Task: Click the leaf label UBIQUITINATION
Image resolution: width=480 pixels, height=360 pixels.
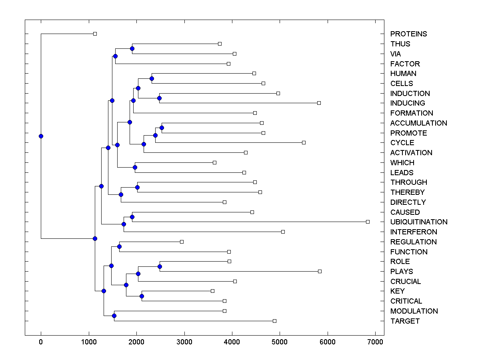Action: (x=419, y=222)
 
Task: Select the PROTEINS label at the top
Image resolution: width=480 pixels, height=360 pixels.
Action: (x=408, y=34)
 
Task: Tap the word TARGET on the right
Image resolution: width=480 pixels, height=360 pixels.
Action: (x=405, y=321)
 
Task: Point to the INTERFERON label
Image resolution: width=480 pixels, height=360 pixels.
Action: (x=414, y=232)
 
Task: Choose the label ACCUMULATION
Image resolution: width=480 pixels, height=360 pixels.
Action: (x=418, y=123)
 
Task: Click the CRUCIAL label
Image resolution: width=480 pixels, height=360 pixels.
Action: (x=406, y=282)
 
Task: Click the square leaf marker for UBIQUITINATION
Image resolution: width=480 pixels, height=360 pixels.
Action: (x=368, y=222)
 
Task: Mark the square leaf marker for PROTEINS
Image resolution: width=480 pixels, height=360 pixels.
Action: (x=95, y=34)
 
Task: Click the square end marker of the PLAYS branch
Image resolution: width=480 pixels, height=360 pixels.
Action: (x=320, y=271)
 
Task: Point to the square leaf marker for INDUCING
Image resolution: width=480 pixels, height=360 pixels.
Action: (x=319, y=103)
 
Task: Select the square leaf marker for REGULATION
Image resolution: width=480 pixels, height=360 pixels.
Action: (x=182, y=242)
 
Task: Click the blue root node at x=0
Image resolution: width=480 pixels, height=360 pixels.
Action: (x=41, y=136)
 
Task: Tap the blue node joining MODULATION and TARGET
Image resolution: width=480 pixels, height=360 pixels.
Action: (x=114, y=316)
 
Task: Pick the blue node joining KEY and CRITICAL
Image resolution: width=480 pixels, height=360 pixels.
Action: (x=142, y=296)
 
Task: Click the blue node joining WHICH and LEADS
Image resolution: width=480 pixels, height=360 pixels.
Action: (x=135, y=167)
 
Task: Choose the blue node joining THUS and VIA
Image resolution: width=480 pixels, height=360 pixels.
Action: (x=132, y=48)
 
